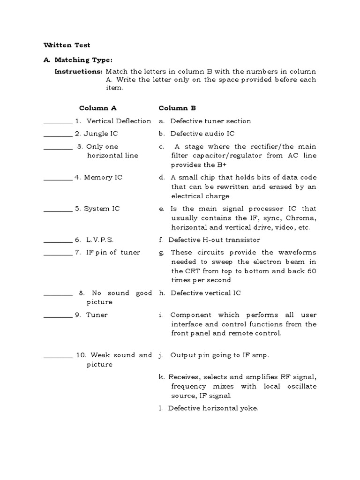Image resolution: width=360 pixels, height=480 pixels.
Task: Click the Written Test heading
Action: coord(67,45)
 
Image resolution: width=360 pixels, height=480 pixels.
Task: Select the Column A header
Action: coord(97,108)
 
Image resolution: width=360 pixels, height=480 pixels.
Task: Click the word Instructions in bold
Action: coord(78,72)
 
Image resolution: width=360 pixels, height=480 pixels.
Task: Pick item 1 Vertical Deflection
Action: coord(113,121)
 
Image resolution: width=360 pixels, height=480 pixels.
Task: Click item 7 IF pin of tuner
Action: coord(107,252)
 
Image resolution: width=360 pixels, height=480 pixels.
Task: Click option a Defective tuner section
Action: coord(210,121)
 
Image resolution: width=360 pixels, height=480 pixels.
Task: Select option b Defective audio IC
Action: coord(202,134)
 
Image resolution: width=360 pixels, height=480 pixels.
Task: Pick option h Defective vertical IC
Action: coord(205,293)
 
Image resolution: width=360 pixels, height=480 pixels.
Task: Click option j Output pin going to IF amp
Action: coord(219,355)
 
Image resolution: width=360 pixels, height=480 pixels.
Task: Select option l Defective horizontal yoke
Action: coord(212,408)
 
